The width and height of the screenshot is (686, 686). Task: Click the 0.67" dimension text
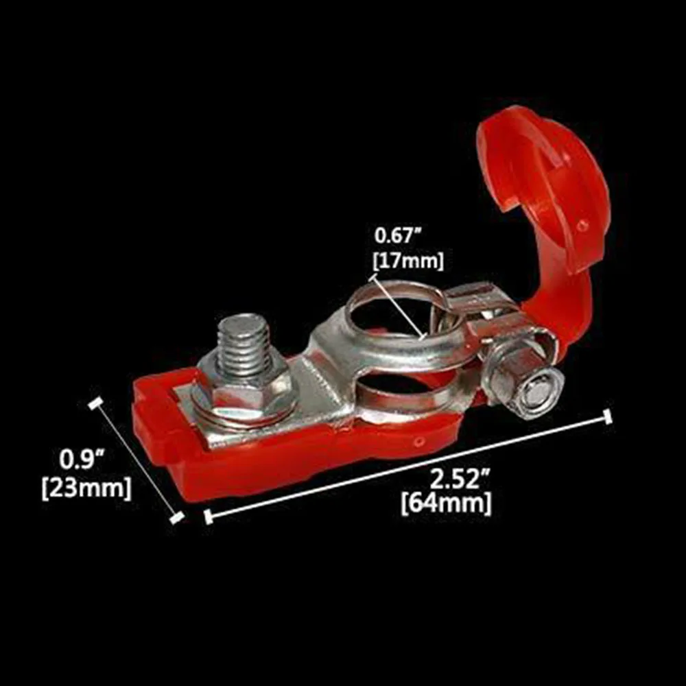[x=397, y=236]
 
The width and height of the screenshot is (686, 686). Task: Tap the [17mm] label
[x=407, y=261]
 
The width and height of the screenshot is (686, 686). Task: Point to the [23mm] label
[x=86, y=488]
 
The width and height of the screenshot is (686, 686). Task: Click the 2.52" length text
[x=460, y=479]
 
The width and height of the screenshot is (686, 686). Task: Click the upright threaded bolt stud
[x=244, y=348]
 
